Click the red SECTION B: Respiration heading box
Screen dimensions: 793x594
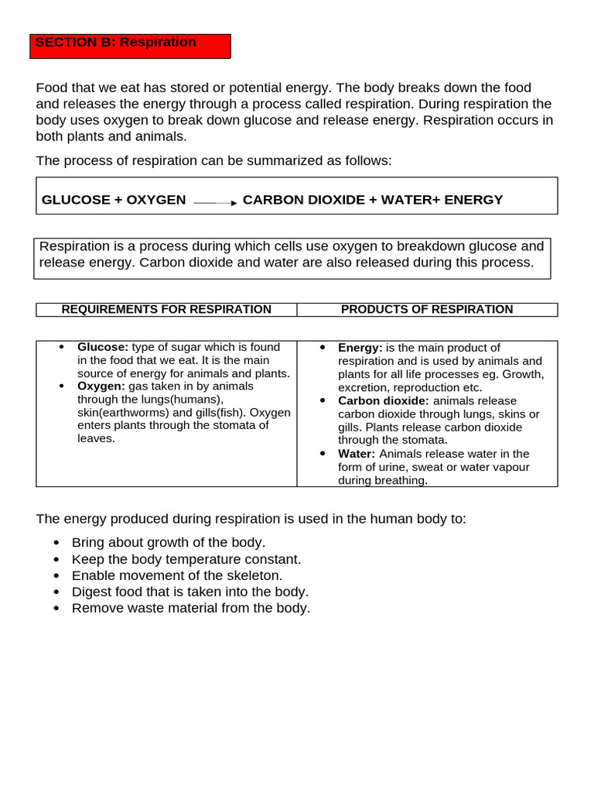point(130,46)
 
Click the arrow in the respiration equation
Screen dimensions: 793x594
point(216,202)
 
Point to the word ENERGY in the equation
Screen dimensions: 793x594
point(473,200)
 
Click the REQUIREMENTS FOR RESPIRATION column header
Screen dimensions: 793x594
point(166,310)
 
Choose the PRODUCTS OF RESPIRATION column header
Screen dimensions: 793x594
point(427,310)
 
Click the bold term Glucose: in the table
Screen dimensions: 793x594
point(103,348)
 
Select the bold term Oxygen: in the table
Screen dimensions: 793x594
point(101,386)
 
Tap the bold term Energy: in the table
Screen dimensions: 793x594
point(360,348)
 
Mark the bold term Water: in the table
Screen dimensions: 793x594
point(357,454)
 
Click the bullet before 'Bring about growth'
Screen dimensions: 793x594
point(56,543)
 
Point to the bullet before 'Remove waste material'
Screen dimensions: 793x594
point(56,609)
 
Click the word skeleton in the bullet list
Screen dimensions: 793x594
point(251,575)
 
